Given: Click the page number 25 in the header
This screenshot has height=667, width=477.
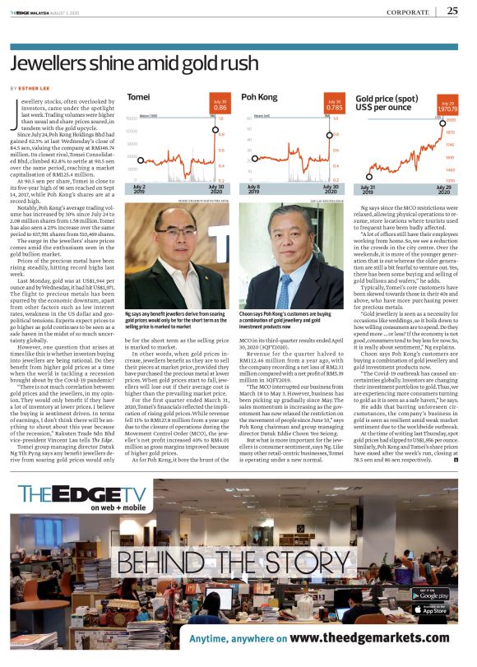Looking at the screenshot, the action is (452, 11).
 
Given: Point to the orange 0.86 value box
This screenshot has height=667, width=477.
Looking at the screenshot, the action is (220, 105).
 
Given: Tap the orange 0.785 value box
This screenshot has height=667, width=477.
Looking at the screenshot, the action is (334, 105).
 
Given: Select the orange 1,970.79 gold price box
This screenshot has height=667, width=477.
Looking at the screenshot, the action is (447, 105).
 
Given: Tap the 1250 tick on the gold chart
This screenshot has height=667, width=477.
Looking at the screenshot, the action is (450, 179).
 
